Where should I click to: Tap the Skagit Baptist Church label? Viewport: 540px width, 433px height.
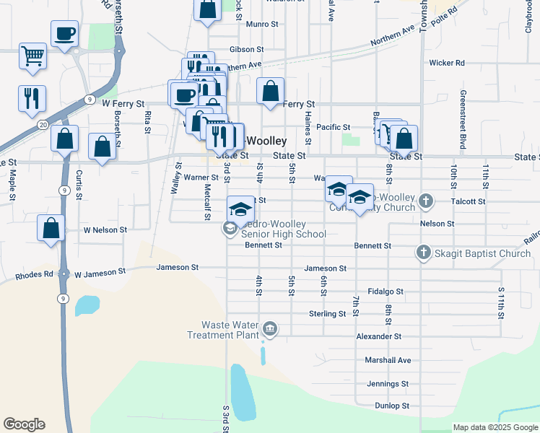click(482, 253)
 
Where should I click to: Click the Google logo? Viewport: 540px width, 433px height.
click(24, 424)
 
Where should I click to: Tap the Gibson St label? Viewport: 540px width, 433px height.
click(246, 50)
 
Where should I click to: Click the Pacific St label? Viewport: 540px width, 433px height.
click(333, 127)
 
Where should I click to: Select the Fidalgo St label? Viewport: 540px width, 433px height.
click(385, 291)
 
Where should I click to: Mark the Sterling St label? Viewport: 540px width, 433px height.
click(328, 314)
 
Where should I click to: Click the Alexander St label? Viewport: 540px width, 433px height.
click(378, 336)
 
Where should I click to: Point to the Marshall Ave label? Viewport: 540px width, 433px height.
click(388, 360)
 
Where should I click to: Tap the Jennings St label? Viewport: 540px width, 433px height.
click(388, 384)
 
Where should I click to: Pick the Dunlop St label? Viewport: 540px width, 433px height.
click(393, 406)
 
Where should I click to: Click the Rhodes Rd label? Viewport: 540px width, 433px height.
click(35, 274)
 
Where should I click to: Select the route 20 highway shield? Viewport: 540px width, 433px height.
click(43, 125)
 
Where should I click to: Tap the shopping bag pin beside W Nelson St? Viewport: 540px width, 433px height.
click(51, 229)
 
